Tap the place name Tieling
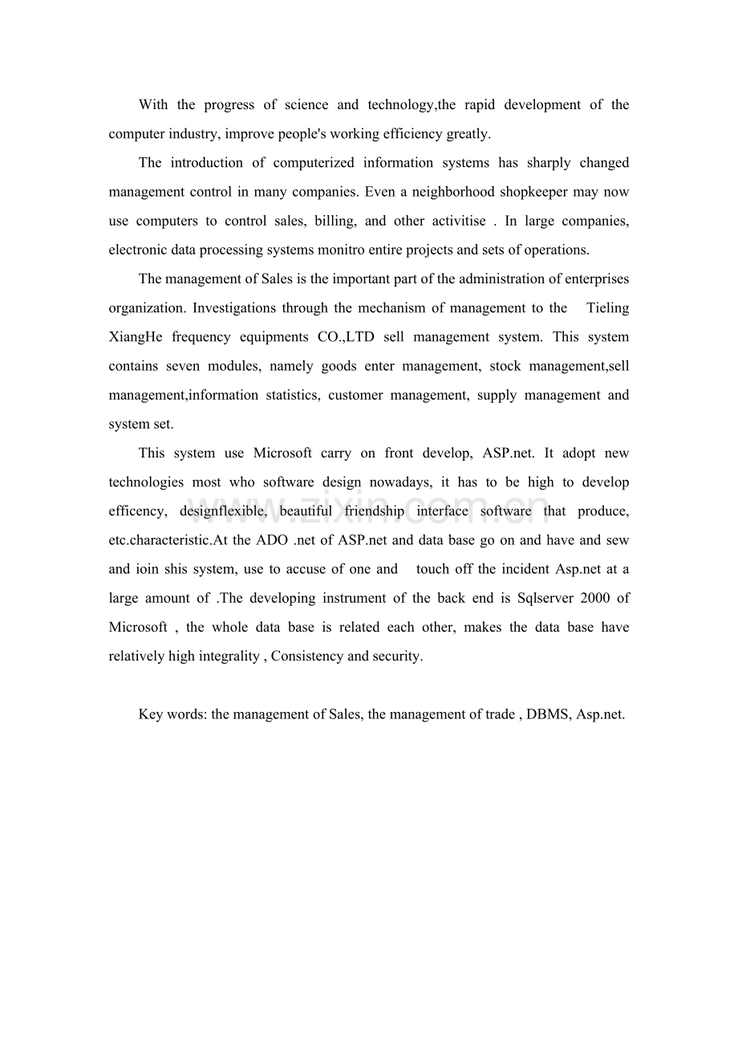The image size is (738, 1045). click(607, 308)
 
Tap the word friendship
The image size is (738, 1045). click(374, 511)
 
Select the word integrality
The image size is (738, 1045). click(228, 656)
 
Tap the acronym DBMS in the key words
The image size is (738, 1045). click(546, 714)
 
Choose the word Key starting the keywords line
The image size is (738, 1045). click(150, 714)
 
